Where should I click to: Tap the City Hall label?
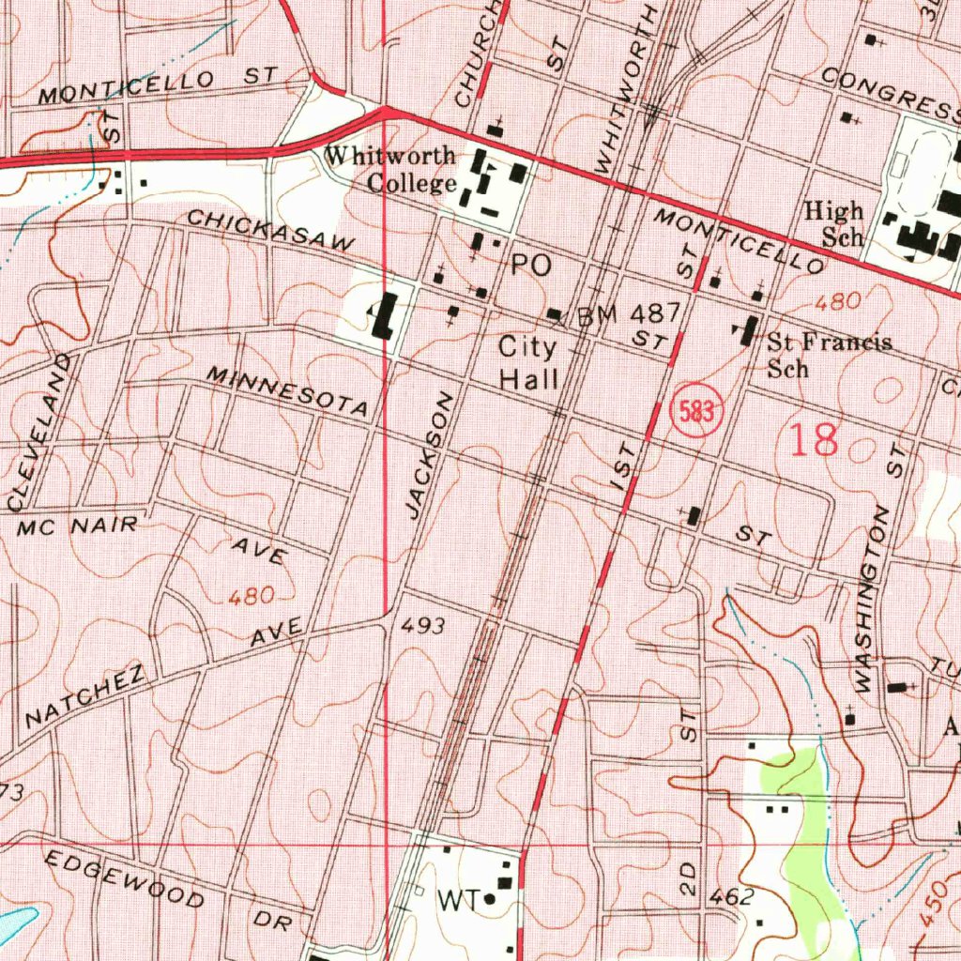(x=527, y=363)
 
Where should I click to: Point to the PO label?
(x=531, y=267)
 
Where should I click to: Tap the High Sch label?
(x=834, y=223)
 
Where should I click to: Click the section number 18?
(x=814, y=439)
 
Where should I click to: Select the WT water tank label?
(x=459, y=901)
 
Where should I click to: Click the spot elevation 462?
(x=731, y=897)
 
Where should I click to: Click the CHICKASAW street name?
(x=271, y=230)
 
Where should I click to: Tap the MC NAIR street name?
(x=78, y=526)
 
